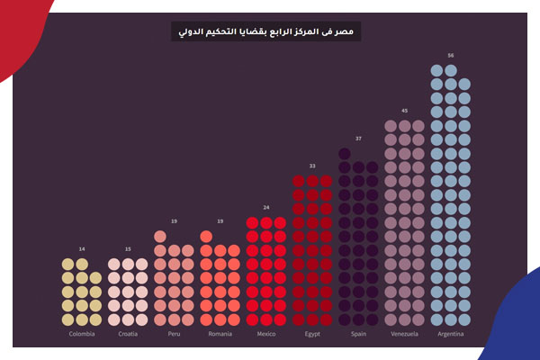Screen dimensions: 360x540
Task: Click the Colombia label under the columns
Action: pyautogui.click(x=81, y=334)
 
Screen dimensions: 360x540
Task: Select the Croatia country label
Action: pyautogui.click(x=128, y=334)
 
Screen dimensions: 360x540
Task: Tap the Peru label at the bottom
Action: pyautogui.click(x=174, y=334)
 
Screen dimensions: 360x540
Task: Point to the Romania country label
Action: pyautogui.click(x=220, y=334)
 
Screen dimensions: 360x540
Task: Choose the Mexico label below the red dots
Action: pyautogui.click(x=265, y=334)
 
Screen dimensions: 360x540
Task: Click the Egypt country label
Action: pyautogui.click(x=312, y=334)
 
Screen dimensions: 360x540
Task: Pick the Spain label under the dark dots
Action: pyautogui.click(x=358, y=334)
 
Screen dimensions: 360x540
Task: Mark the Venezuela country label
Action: pyautogui.click(x=404, y=334)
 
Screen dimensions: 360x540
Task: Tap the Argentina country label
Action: pyautogui.click(x=450, y=334)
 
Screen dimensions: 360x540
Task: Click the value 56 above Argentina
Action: pyautogui.click(x=450, y=55)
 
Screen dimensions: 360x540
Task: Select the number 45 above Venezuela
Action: pyautogui.click(x=404, y=111)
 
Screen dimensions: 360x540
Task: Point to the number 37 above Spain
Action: pyautogui.click(x=358, y=139)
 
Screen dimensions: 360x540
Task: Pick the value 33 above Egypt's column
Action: pyautogui.click(x=312, y=166)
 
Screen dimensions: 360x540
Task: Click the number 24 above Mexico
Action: pyautogui.click(x=265, y=208)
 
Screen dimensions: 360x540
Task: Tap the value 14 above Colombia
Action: pyautogui.click(x=81, y=249)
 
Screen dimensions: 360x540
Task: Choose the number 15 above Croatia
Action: pyautogui.click(x=128, y=249)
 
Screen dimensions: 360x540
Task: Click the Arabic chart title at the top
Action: pyautogui.click(x=265, y=31)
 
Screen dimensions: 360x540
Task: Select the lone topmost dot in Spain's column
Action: pyautogui.click(x=345, y=153)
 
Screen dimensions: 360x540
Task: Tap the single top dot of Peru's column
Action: pyautogui.click(x=160, y=237)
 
